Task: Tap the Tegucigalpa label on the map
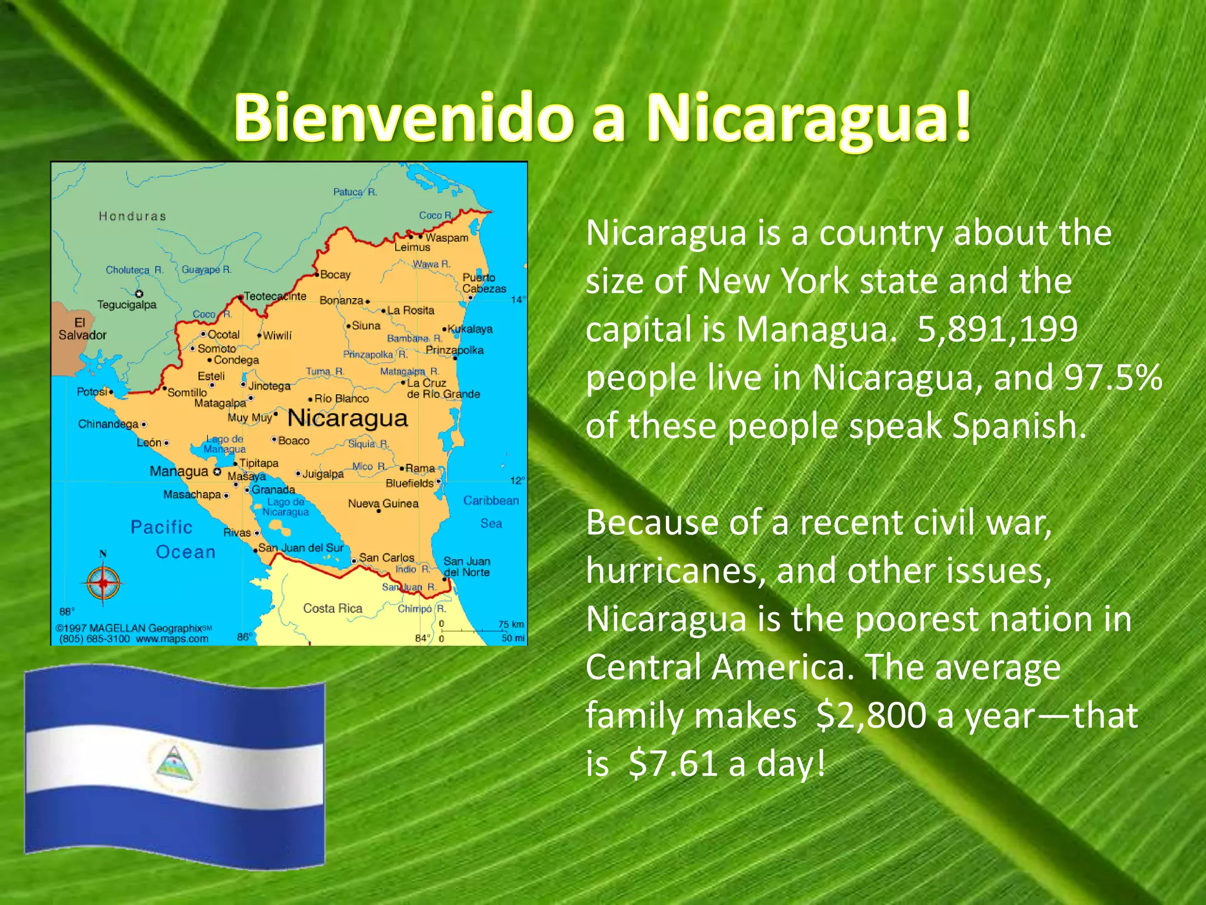tap(127, 305)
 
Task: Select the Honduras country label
tap(132, 216)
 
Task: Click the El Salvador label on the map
tap(82, 329)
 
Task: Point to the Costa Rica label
tap(333, 609)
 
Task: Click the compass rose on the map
tap(103, 583)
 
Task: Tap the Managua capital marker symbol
tap(217, 472)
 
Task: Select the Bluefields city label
tap(409, 483)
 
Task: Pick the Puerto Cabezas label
tap(483, 283)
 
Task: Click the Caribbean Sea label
tap(491, 511)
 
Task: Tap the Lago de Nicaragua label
tap(286, 507)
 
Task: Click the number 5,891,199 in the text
tap(997, 329)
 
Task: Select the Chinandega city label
tap(108, 424)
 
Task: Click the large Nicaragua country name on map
tap(347, 418)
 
